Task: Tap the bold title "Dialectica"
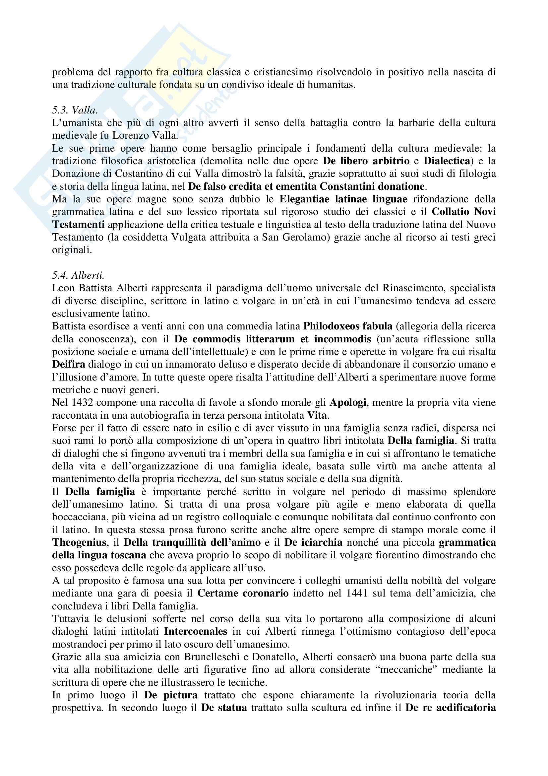click(x=447, y=161)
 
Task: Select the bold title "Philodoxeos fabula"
click(x=348, y=326)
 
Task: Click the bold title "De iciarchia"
click(x=313, y=542)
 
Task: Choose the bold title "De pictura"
click(x=171, y=695)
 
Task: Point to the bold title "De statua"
click(x=224, y=708)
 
